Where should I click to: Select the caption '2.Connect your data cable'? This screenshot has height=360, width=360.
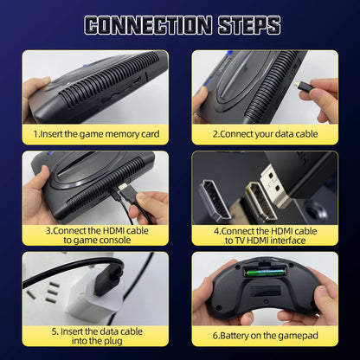tap(264, 134)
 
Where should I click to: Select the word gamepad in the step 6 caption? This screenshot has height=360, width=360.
tap(293, 335)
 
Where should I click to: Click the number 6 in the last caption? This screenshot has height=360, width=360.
tap(217, 335)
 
